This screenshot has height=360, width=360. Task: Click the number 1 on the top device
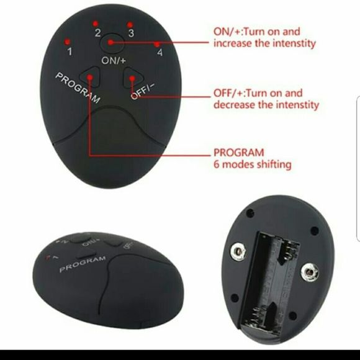click(70, 52)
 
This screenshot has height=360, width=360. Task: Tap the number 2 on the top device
click(97, 33)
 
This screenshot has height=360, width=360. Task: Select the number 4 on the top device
click(160, 53)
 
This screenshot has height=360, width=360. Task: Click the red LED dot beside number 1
click(66, 41)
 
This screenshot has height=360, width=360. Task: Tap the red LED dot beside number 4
click(157, 44)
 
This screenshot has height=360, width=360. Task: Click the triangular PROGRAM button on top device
click(91, 78)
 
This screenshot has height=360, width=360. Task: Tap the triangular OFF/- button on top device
click(132, 79)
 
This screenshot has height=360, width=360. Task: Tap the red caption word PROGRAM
click(238, 152)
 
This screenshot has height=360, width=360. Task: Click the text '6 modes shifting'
click(253, 164)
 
